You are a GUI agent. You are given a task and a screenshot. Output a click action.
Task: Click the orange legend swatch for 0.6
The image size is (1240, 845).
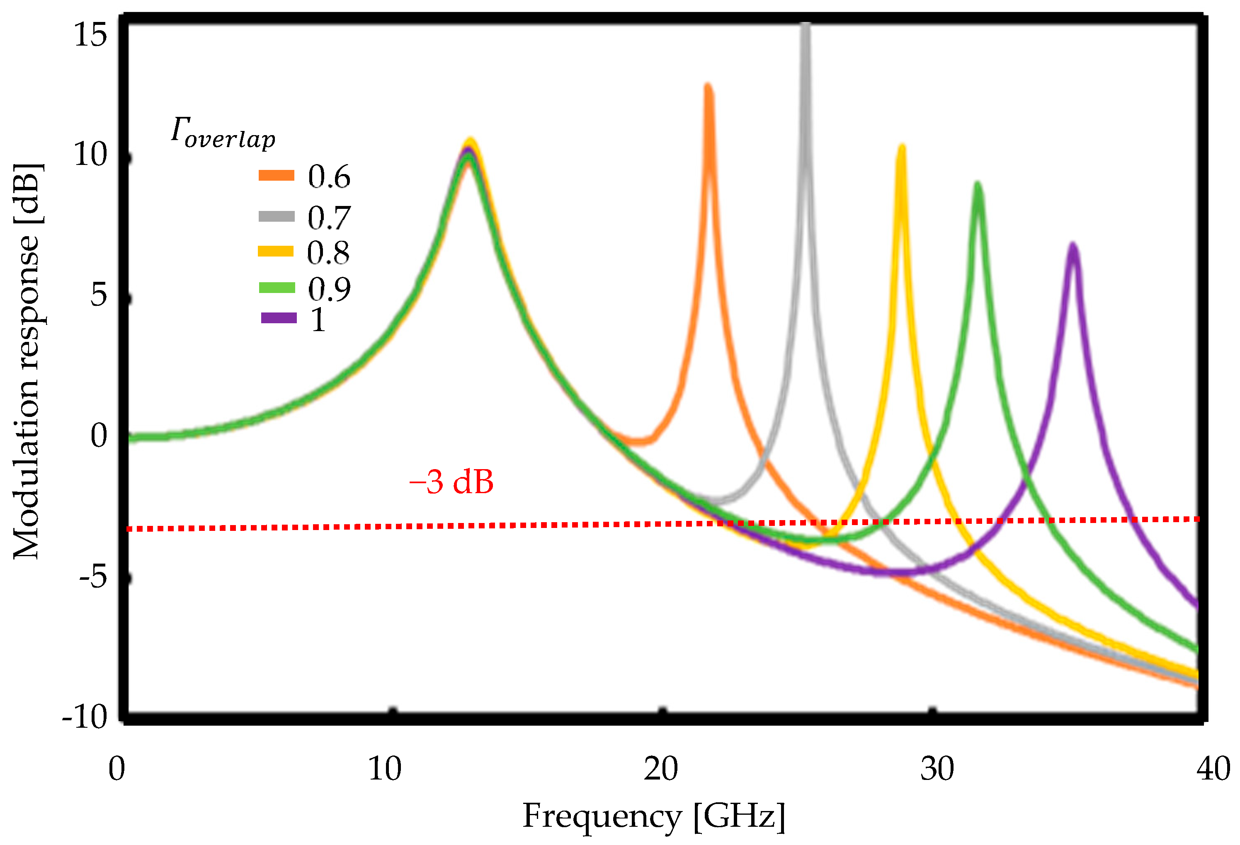(x=277, y=176)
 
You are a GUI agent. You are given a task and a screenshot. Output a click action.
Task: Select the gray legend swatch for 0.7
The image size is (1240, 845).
(x=277, y=216)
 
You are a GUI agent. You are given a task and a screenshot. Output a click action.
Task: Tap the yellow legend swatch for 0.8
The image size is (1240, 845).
(x=276, y=251)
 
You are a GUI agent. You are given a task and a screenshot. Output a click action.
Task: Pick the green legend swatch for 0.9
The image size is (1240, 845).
(x=277, y=288)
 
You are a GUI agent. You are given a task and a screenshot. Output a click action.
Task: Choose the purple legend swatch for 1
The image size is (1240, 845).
(x=279, y=318)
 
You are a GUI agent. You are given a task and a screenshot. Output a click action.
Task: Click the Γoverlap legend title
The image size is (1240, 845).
(x=223, y=132)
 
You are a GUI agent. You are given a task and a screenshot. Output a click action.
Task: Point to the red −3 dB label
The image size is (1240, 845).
(x=451, y=482)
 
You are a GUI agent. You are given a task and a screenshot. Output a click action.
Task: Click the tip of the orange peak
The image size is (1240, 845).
(x=708, y=87)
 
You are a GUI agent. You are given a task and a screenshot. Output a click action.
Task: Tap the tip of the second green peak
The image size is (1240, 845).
(x=978, y=186)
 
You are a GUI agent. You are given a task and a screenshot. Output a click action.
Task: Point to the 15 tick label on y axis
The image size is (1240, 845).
(x=91, y=35)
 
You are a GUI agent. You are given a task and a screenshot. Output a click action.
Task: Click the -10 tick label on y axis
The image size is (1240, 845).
(x=85, y=717)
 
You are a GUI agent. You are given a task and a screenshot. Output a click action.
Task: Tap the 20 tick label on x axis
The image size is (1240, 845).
(x=660, y=769)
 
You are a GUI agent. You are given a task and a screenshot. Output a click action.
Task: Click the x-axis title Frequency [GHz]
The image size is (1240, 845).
(x=654, y=816)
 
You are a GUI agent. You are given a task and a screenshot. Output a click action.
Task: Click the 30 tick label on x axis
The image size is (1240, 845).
(x=937, y=769)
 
